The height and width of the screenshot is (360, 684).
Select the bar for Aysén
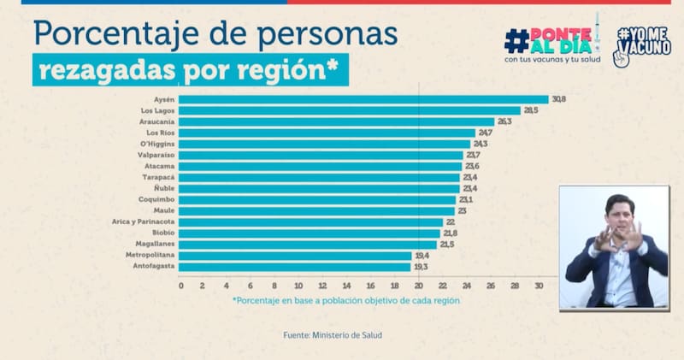tap(364, 99)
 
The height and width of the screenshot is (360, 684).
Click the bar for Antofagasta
tap(296, 267)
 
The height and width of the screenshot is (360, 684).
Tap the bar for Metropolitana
tap(296, 256)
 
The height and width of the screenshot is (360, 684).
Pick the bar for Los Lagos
tap(351, 110)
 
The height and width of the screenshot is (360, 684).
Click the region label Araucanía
tap(157, 121)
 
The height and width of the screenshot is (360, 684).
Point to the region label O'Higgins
tap(157, 144)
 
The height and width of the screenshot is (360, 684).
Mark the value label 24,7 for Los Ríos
tap(486, 133)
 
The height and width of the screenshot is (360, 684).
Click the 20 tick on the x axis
tap(419, 285)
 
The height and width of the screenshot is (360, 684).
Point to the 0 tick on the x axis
tap(181, 285)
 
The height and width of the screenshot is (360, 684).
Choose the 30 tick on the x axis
tap(539, 285)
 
